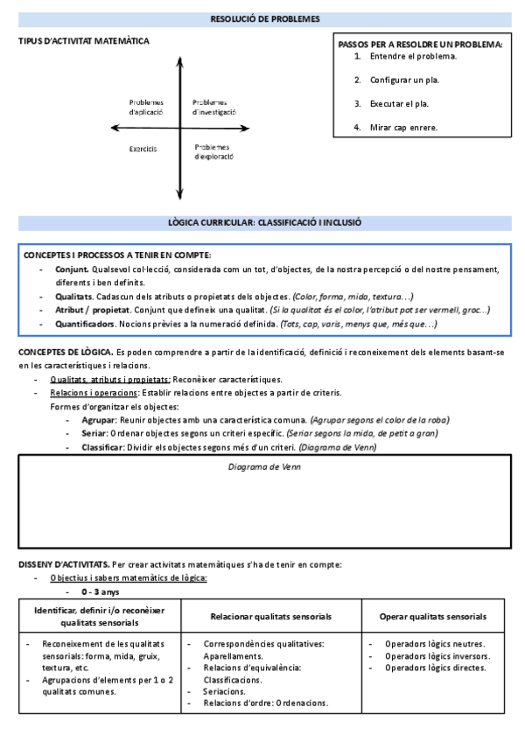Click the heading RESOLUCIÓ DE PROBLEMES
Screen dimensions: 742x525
(x=265, y=19)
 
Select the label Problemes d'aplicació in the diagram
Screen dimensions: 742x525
(x=146, y=107)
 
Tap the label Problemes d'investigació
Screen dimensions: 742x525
(x=214, y=107)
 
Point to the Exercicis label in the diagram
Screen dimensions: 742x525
(x=143, y=149)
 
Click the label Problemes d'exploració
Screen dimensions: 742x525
(x=213, y=152)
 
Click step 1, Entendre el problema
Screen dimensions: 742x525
(x=413, y=57)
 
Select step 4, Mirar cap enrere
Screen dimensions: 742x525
(x=403, y=128)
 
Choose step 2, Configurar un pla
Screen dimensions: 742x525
(x=404, y=80)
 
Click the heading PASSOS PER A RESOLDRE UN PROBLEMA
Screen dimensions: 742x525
(x=420, y=44)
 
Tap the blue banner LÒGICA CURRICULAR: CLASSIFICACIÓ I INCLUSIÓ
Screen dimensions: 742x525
(x=265, y=223)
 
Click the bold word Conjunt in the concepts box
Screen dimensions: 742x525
(x=71, y=269)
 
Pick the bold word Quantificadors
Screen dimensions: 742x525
(x=85, y=325)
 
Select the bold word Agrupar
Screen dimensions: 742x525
(x=98, y=420)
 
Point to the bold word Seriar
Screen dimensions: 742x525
(x=94, y=434)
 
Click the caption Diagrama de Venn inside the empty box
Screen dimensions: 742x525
(x=264, y=467)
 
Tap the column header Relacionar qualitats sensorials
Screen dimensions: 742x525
(x=271, y=616)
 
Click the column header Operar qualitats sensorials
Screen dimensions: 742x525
(x=433, y=616)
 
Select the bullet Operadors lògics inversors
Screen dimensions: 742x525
(x=437, y=656)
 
